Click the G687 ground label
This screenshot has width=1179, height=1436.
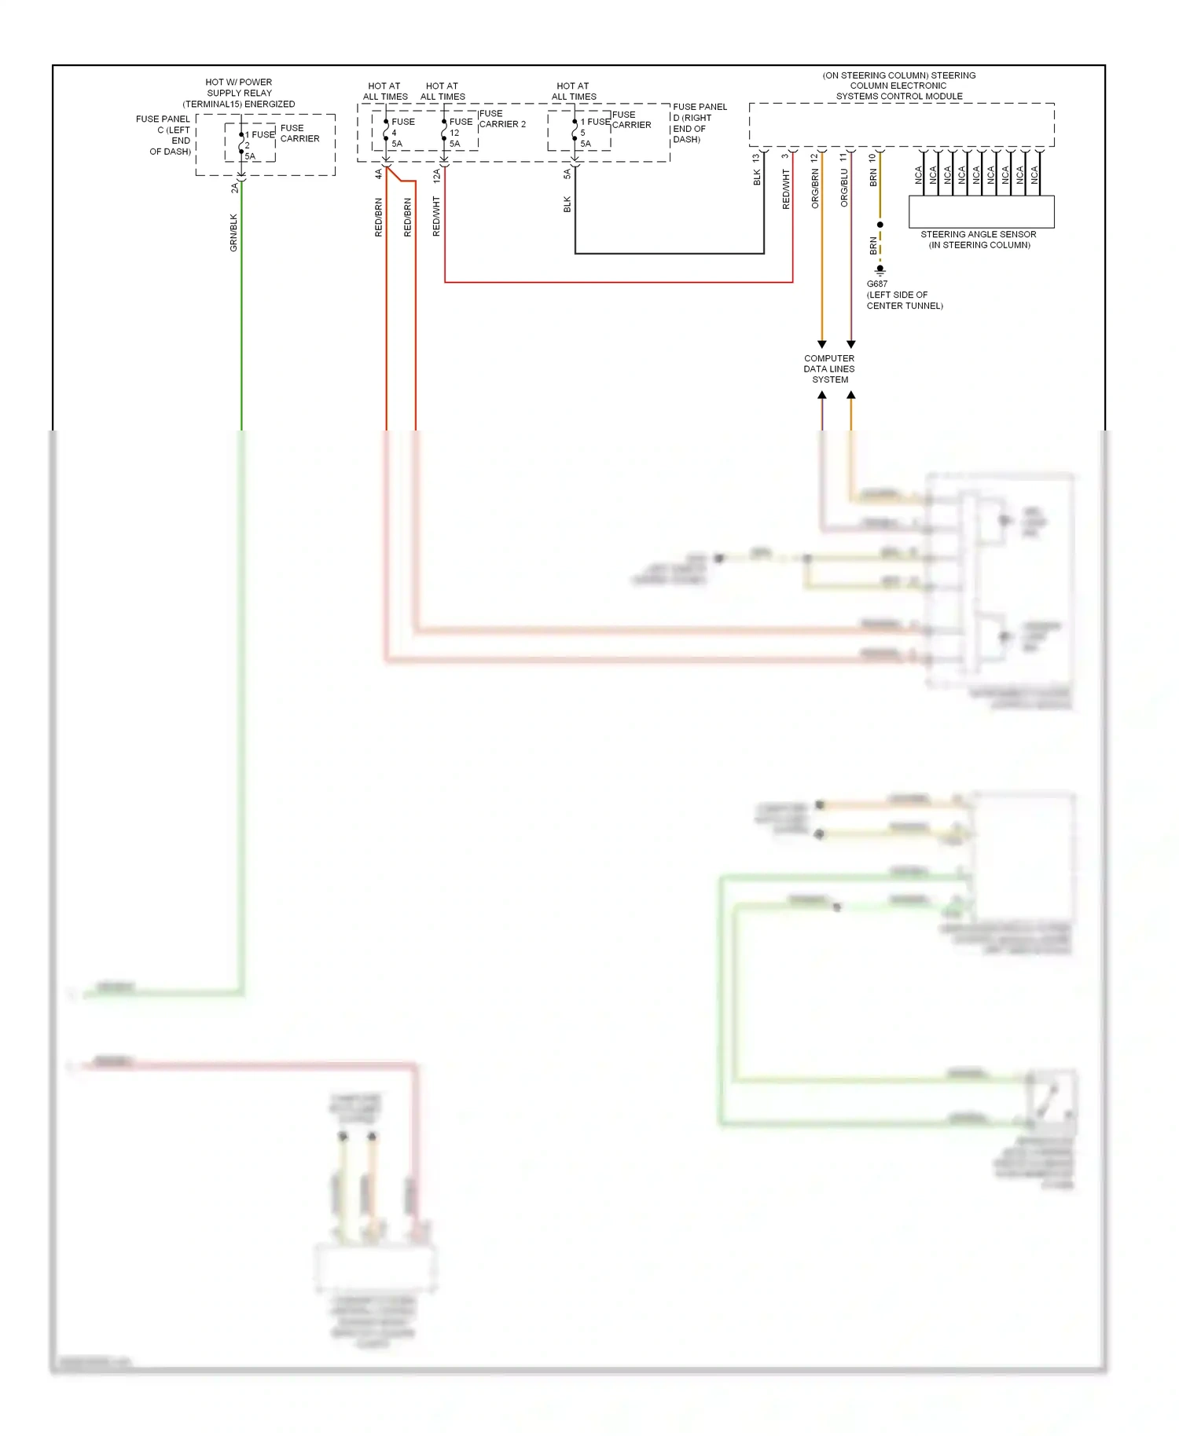pos(877,284)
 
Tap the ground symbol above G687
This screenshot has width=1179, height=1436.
pos(880,271)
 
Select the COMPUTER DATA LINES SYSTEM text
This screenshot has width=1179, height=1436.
pos(829,369)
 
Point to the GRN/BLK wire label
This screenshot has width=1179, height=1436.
pos(233,233)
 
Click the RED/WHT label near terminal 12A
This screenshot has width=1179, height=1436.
pos(436,217)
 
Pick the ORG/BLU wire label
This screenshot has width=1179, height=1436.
pos(844,189)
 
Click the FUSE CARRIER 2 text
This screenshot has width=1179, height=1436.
pos(501,119)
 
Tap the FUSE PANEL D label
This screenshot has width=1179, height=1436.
pos(699,123)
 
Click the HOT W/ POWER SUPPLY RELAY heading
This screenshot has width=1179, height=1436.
pos(239,93)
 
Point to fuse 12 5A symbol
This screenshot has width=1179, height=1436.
pos(445,133)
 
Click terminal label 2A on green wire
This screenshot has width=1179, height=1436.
pos(234,189)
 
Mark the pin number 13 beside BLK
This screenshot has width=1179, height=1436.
pos(756,158)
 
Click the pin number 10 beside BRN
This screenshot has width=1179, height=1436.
pos(872,158)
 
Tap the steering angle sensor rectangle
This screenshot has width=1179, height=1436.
pos(981,211)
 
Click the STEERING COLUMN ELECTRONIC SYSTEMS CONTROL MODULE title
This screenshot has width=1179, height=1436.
pos(899,86)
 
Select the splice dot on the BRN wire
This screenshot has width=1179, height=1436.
pos(880,225)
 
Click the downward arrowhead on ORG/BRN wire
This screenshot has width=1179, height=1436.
pos(822,344)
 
